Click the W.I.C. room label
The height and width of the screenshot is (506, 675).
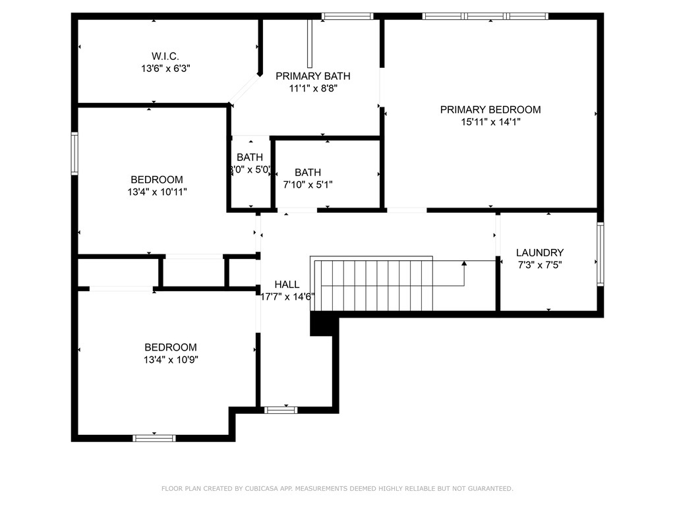tap(165, 56)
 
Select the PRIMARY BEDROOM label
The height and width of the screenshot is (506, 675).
tap(490, 109)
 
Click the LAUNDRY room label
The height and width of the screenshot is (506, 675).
tap(540, 252)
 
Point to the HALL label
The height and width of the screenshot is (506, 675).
tap(287, 284)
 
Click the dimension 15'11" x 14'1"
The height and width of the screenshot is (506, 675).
tap(490, 121)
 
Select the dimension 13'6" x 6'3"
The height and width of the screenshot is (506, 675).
tap(165, 68)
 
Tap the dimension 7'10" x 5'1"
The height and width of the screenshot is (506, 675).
tap(308, 184)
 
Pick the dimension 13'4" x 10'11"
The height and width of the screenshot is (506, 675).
tap(157, 192)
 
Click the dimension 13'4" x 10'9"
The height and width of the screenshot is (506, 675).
tap(171, 360)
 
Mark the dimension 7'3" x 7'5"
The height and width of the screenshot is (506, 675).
tap(540, 264)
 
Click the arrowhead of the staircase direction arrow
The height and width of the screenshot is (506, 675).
tap(464, 263)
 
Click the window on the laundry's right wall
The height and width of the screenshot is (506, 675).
tap(600, 254)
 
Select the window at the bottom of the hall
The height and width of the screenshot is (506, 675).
tap(281, 410)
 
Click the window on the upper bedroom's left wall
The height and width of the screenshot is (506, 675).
tap(74, 153)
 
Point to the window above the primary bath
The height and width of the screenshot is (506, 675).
tap(347, 16)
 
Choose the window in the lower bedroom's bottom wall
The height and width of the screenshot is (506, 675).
tap(154, 437)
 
